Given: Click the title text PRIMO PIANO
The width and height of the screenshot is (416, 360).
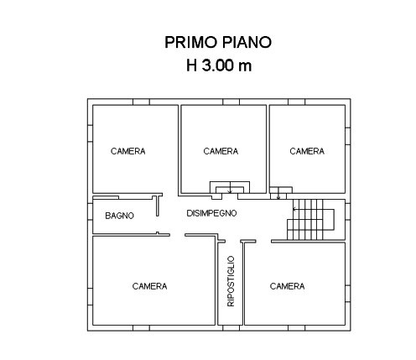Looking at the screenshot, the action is click(x=218, y=42).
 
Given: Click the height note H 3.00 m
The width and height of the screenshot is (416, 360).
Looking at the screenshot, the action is click(x=219, y=65).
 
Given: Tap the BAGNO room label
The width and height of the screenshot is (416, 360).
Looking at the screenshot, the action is click(x=119, y=216).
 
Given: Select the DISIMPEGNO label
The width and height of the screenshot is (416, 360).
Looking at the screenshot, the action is click(x=211, y=213).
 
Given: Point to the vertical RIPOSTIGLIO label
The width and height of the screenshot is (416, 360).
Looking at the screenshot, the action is click(x=231, y=281).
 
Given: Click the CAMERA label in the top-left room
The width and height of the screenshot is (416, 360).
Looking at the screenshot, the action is click(x=128, y=151).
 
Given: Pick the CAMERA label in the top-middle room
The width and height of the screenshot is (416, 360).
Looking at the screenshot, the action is click(x=221, y=151).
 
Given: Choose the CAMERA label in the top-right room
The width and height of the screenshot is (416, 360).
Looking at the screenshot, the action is click(x=307, y=151).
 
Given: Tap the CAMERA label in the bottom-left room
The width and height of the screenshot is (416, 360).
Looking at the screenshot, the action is click(x=149, y=286).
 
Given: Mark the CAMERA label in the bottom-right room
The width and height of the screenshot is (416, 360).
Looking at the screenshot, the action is click(x=287, y=286).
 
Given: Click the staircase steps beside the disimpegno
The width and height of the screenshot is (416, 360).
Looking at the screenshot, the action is click(x=305, y=219).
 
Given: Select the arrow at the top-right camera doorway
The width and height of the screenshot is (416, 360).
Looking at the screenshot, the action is click(x=278, y=193).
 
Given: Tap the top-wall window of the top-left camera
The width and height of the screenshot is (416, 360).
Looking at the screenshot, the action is click(x=141, y=102).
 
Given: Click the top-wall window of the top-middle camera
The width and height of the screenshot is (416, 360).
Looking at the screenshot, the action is click(x=231, y=102).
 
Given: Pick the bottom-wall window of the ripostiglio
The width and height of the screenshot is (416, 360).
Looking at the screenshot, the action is click(x=231, y=328).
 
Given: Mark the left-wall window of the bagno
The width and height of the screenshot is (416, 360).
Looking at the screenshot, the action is click(x=90, y=211).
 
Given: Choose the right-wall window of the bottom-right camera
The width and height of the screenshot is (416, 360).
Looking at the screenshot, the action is click(x=348, y=294).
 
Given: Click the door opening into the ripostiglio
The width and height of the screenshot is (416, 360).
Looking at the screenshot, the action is click(x=233, y=241).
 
